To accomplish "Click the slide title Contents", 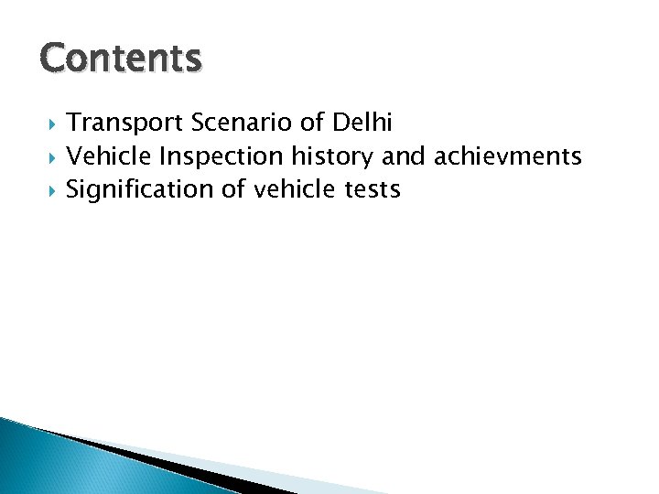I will click(x=120, y=58).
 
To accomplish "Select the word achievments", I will click(x=508, y=157).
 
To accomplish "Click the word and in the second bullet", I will click(x=404, y=157).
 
